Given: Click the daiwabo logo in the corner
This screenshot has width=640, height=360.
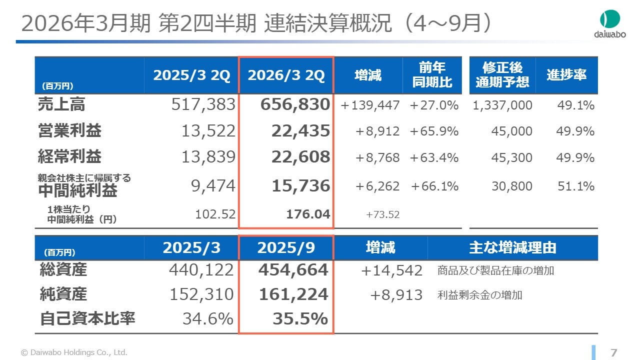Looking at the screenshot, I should (609, 24).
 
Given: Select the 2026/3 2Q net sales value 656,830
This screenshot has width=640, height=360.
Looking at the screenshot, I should (295, 105).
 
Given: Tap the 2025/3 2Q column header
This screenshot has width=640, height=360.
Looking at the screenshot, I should (191, 75).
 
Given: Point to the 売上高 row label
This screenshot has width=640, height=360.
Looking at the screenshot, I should (61, 104).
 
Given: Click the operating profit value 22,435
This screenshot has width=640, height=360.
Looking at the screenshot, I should (301, 131).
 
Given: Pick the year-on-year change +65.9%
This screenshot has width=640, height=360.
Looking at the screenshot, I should (434, 131).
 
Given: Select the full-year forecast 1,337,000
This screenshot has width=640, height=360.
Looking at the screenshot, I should (501, 105).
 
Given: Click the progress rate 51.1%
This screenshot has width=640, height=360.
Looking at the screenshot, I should (576, 186).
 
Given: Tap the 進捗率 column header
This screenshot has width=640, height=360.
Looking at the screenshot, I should (566, 75).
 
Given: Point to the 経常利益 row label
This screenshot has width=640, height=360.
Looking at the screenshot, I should (69, 157).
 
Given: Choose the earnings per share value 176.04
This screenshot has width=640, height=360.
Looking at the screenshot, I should (308, 214).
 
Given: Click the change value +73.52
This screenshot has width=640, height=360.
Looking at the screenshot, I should (383, 215).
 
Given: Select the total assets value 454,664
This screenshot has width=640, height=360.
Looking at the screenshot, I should (293, 270).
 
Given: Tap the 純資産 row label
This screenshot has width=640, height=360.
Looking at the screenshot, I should (63, 294).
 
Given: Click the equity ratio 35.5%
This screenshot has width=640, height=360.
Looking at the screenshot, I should (300, 318).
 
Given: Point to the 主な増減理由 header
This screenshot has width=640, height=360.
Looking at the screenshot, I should (512, 247).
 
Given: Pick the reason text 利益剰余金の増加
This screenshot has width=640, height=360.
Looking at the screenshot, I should (479, 295).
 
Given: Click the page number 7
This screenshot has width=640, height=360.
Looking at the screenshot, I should (614, 352).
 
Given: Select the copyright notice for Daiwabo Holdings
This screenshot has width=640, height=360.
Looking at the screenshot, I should (74, 352).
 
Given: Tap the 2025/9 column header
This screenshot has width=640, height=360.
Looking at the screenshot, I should (286, 248).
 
